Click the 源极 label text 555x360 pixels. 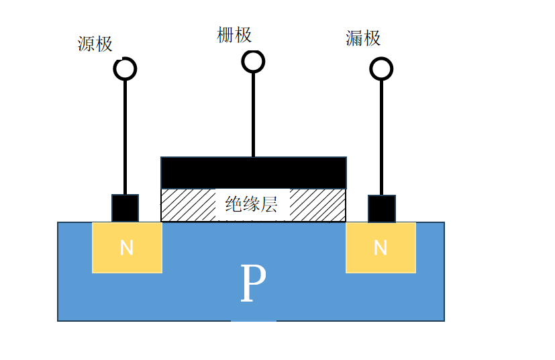click(x=95, y=45)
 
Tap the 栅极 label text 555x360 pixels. click(x=234, y=35)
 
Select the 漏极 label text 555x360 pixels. click(x=363, y=38)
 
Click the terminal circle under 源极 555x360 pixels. click(x=125, y=69)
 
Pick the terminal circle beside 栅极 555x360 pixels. click(x=253, y=61)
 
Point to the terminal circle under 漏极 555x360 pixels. click(x=381, y=69)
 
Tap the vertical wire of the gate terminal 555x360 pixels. click(x=253, y=114)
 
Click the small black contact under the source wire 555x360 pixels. click(x=125, y=208)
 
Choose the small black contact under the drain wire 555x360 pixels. click(x=381, y=208)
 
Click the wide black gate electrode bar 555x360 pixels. click(x=253, y=173)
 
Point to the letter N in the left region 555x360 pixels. click(x=127, y=248)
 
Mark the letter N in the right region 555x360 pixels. click(x=381, y=248)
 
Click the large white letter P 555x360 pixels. click(x=252, y=284)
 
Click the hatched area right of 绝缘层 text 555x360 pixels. click(x=318, y=205)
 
